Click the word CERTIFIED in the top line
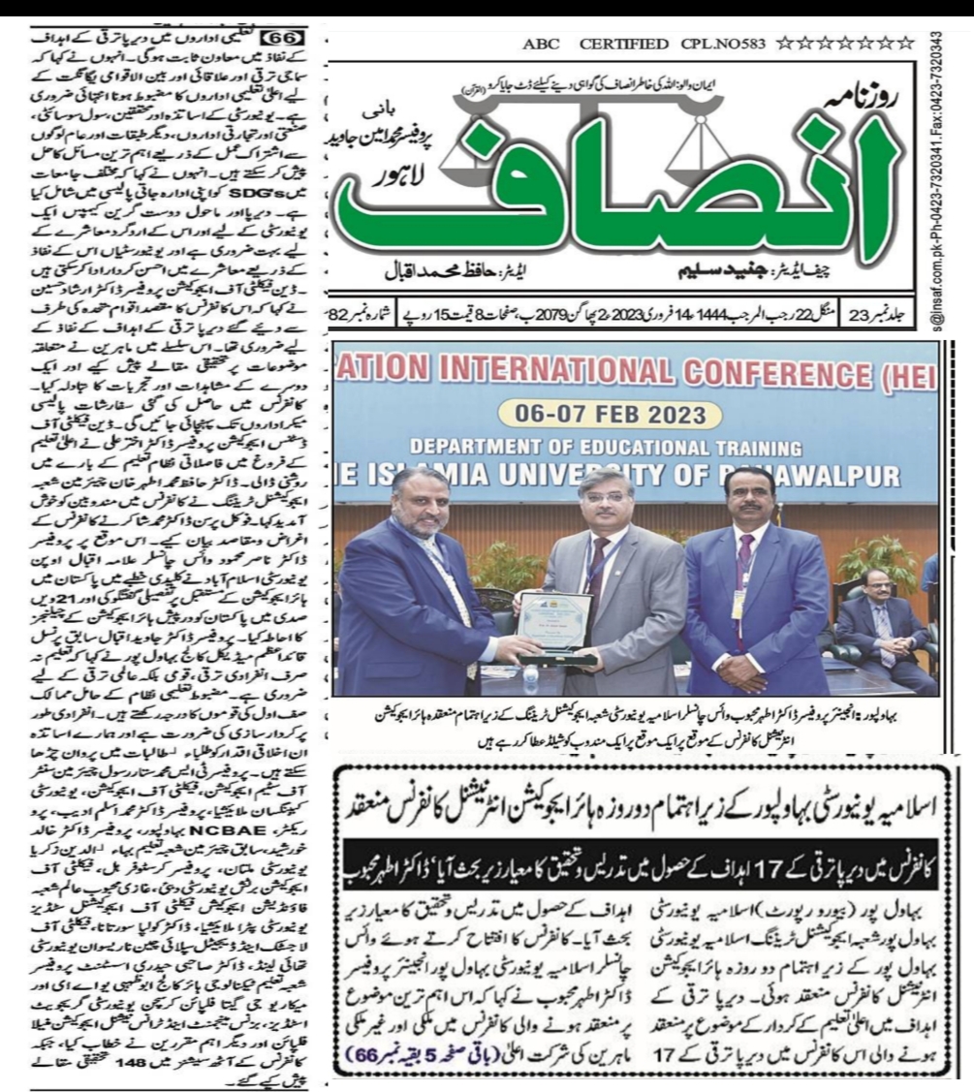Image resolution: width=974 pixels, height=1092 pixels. point(625,45)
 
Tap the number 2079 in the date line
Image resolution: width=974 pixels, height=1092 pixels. point(637,315)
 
